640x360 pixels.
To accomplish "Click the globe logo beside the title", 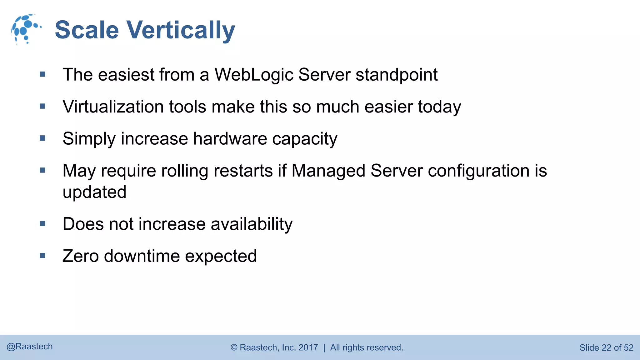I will [x=26, y=29].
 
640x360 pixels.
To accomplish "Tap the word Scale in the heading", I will [x=87, y=30].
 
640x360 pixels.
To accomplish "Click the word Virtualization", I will [x=113, y=107].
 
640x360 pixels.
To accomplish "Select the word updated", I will [x=94, y=192].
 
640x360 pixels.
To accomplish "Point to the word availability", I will [x=252, y=224].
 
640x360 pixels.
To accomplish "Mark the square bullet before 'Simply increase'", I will [x=43, y=138].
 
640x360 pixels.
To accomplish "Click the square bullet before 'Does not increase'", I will [x=43, y=223].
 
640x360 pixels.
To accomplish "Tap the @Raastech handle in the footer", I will [x=30, y=347].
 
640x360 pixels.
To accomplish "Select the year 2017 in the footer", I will [x=308, y=347].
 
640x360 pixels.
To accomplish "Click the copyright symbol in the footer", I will [x=234, y=347].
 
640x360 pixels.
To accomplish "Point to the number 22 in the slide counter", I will [x=606, y=348].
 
